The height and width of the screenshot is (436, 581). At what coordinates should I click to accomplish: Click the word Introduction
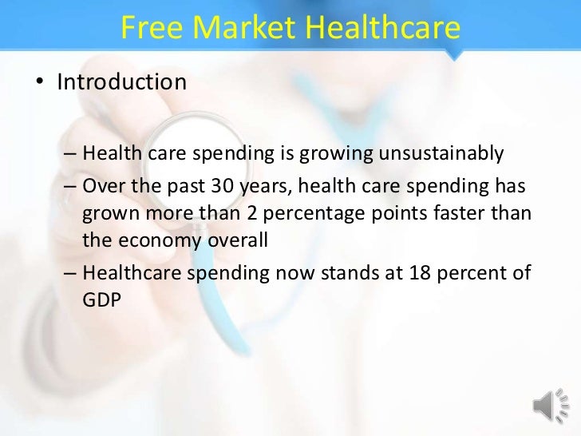click(121, 81)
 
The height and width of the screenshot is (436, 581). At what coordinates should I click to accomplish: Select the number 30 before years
click(225, 186)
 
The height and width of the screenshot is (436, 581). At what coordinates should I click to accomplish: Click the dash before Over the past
click(70, 186)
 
